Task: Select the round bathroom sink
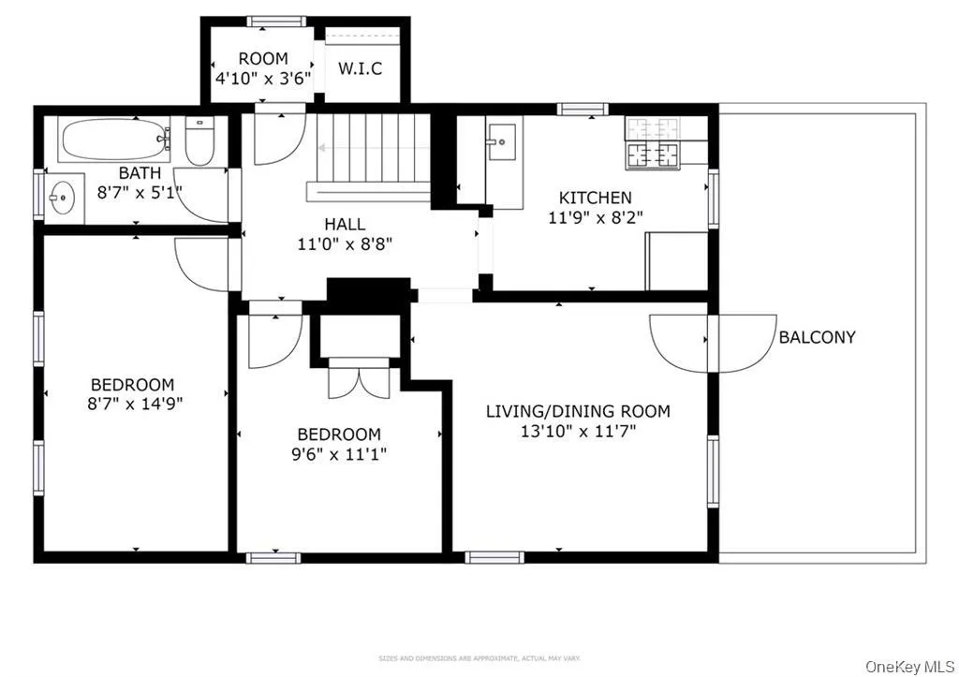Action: (63, 199)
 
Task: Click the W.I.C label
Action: (360, 69)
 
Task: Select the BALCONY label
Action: (817, 338)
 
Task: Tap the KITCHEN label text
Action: (595, 198)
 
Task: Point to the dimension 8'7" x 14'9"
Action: (132, 405)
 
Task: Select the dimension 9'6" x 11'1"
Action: (339, 454)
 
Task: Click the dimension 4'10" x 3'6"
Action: (262, 79)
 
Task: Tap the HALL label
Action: (345, 225)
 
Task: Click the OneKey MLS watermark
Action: (907, 666)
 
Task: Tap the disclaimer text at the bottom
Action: (479, 658)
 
